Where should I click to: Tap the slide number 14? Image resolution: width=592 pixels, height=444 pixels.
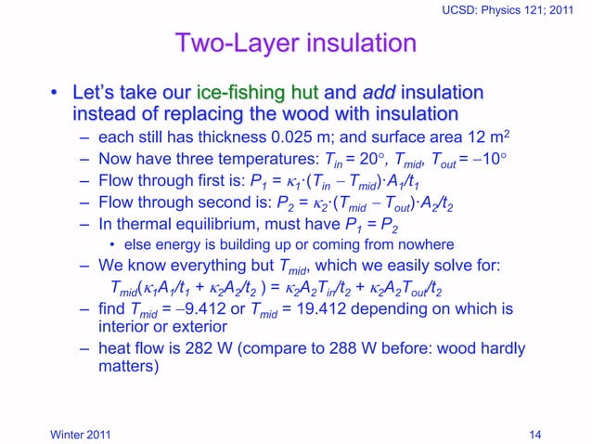click(534, 431)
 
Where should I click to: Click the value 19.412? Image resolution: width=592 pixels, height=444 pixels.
click(312, 308)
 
